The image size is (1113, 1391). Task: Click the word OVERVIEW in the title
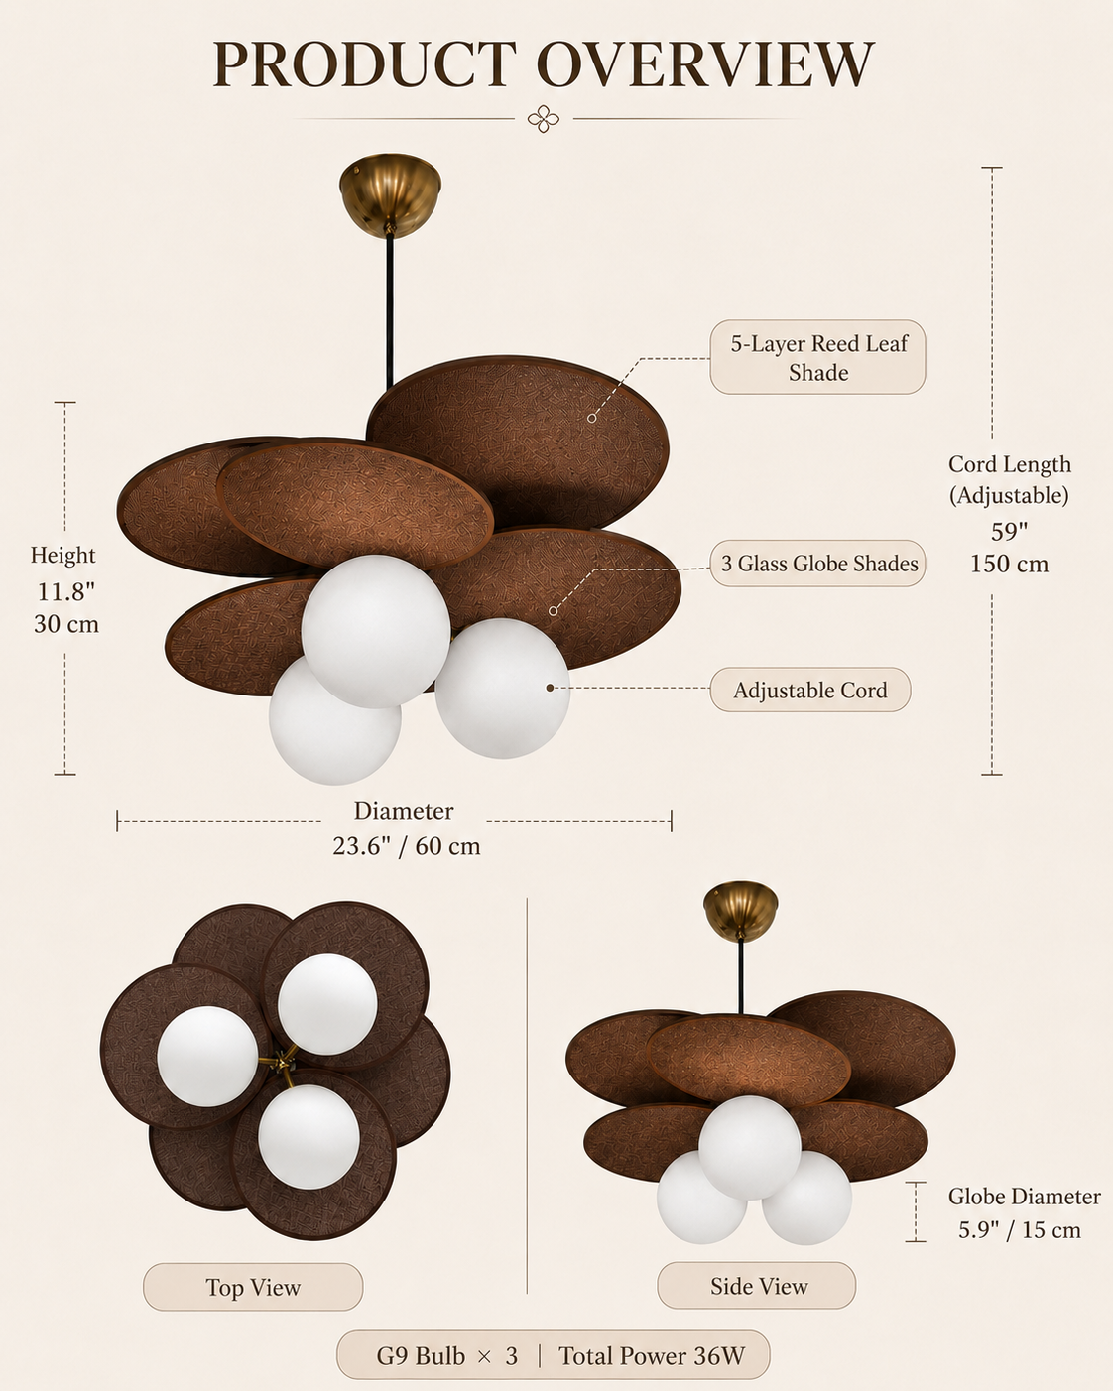point(705,63)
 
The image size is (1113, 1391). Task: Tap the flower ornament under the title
point(543,119)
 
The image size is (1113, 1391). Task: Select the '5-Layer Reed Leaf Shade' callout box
point(817,357)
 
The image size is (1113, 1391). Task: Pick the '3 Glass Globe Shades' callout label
point(817,563)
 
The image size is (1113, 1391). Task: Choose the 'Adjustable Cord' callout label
point(810,690)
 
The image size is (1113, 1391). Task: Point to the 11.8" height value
point(65,591)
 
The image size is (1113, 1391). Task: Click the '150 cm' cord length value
point(1009,564)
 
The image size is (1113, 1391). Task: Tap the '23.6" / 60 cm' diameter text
point(407,846)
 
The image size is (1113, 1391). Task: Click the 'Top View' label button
point(253,1287)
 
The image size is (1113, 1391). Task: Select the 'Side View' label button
point(756,1285)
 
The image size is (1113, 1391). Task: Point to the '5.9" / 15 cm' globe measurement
point(1020,1229)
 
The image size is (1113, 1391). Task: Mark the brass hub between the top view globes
point(281,1060)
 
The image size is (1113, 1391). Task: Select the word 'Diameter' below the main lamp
point(404,811)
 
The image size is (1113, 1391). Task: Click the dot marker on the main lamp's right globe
point(550,688)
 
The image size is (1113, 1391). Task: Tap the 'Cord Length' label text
point(1010,464)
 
